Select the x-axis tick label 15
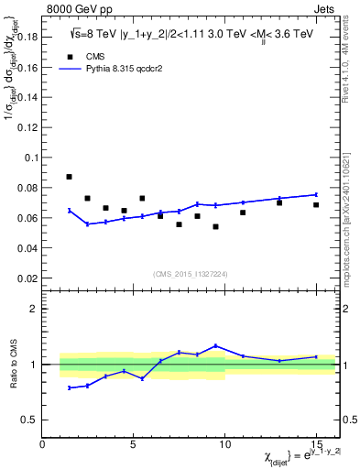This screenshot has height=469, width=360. pyautogui.click(x=315, y=445)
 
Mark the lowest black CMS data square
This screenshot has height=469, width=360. pyautogui.click(x=215, y=226)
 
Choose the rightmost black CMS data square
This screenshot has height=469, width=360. pyautogui.click(x=316, y=204)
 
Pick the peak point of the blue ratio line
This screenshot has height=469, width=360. pyautogui.click(x=215, y=345)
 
